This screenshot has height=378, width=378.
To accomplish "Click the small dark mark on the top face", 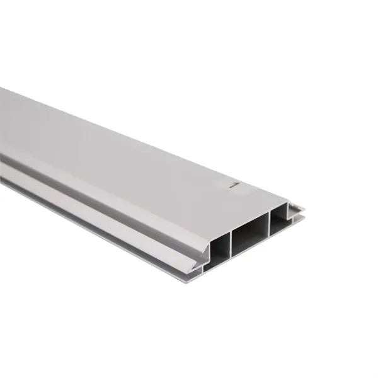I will [x=233, y=186].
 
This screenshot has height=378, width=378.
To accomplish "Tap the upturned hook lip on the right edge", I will [x=295, y=208].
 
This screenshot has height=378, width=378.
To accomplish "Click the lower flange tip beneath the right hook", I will [x=301, y=219].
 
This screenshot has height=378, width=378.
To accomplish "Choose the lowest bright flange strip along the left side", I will [x=94, y=227].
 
